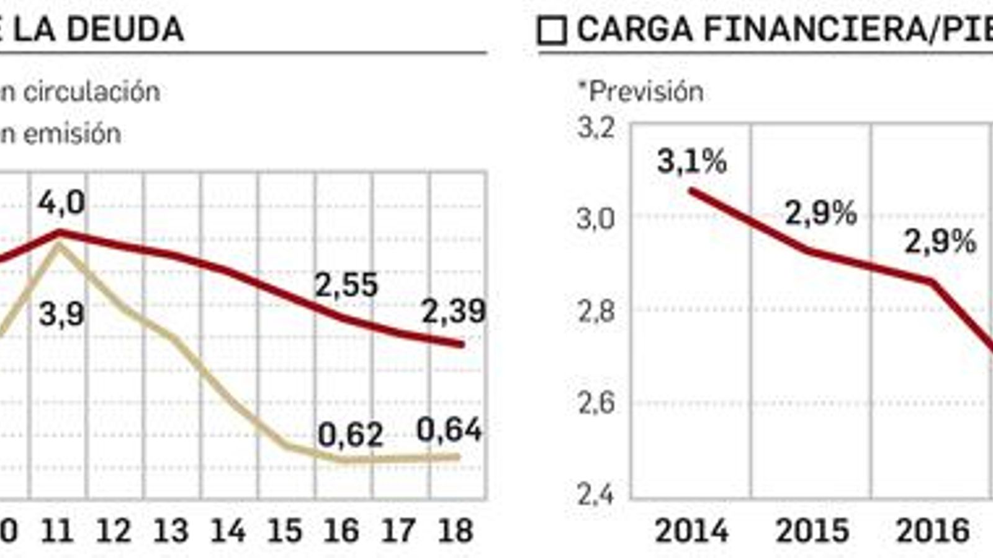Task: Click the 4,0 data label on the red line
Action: coord(61,203)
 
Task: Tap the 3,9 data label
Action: coord(61,314)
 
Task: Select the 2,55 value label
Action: coord(346,285)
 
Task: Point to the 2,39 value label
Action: coord(454,311)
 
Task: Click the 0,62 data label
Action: coord(350,435)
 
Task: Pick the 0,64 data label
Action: coord(449,430)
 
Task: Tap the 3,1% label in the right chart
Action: coord(691,162)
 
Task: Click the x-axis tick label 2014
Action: coord(691,531)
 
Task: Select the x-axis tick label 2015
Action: coord(812,531)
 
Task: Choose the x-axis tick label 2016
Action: coord(933,531)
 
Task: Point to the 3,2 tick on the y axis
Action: coord(596,128)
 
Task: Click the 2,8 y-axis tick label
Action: coord(596,311)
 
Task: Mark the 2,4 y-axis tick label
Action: coord(596,495)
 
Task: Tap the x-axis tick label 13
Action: coord(171,531)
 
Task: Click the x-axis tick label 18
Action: coord(456,531)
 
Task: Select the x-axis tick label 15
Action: coord(285,531)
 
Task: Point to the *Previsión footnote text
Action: coord(640,92)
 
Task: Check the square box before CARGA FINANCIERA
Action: coord(552,31)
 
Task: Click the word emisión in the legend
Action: coord(80,134)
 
